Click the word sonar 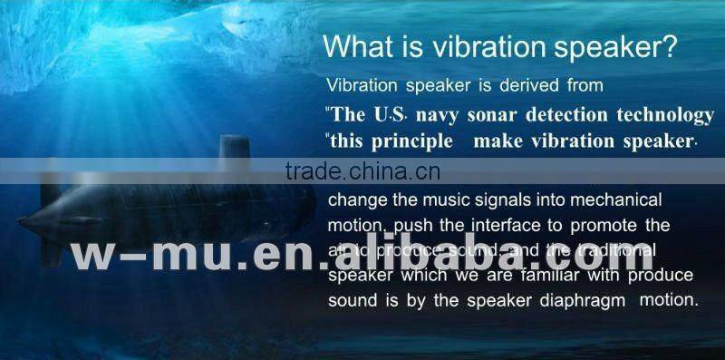click(493, 115)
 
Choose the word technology click(664, 115)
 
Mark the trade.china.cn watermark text click(362, 172)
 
